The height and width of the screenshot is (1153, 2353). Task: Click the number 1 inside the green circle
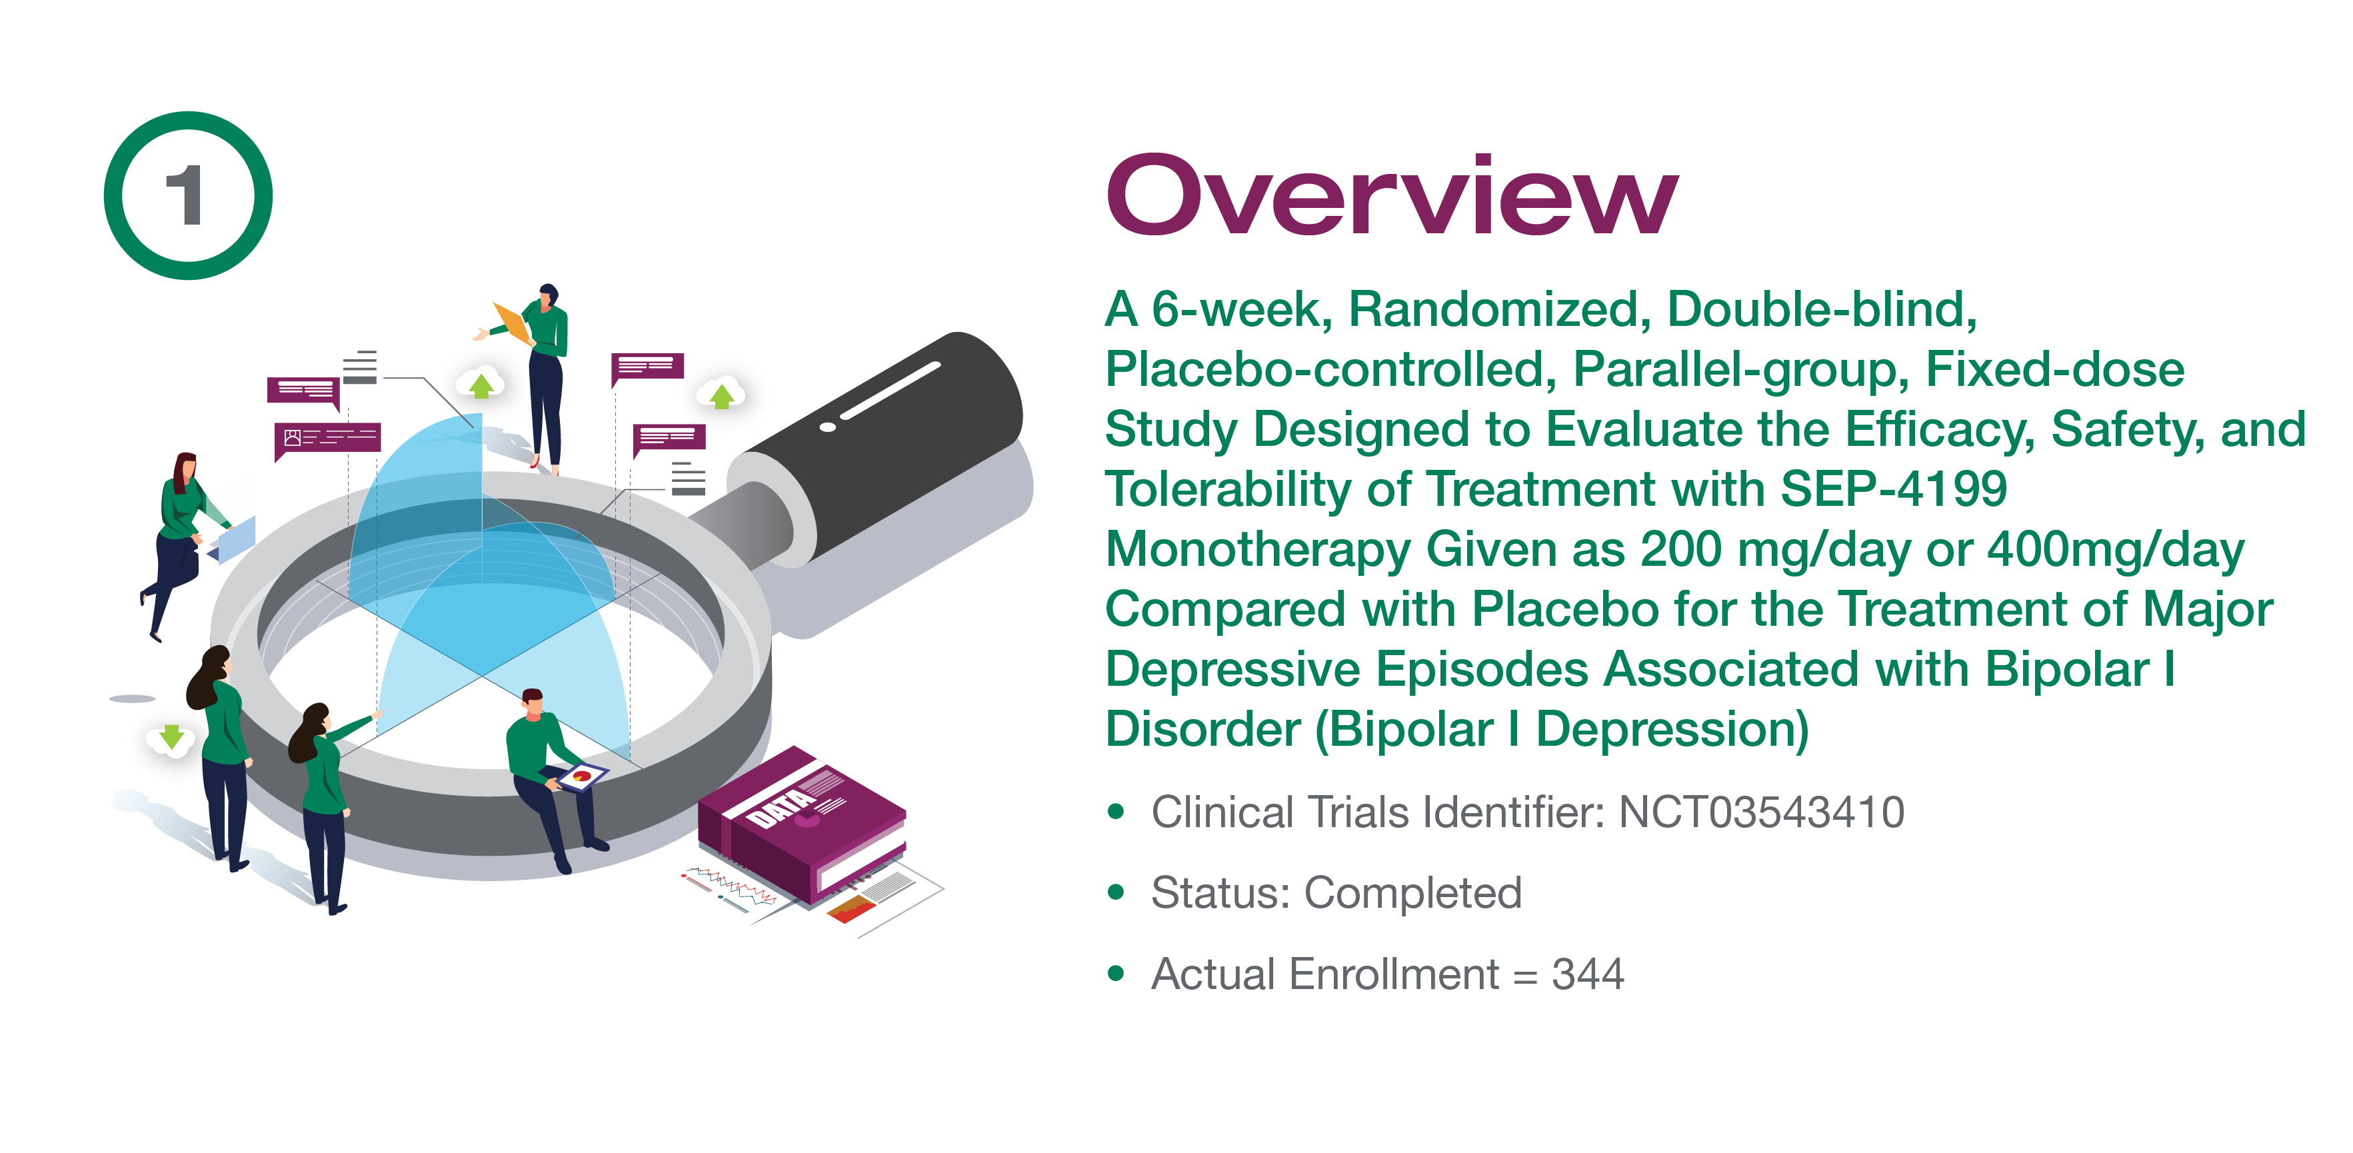point(185,195)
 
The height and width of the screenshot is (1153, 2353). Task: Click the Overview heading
point(1392,195)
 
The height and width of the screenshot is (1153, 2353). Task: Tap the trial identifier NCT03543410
point(1761,812)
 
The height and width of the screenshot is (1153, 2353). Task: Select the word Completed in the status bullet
point(1413,892)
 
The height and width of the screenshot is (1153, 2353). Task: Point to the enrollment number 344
point(1588,974)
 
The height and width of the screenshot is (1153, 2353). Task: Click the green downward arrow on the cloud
point(171,736)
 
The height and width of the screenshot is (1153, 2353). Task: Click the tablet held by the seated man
point(582,776)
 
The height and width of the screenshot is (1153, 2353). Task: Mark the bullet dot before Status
point(1115,892)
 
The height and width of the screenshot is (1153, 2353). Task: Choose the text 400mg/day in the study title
point(2116,549)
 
